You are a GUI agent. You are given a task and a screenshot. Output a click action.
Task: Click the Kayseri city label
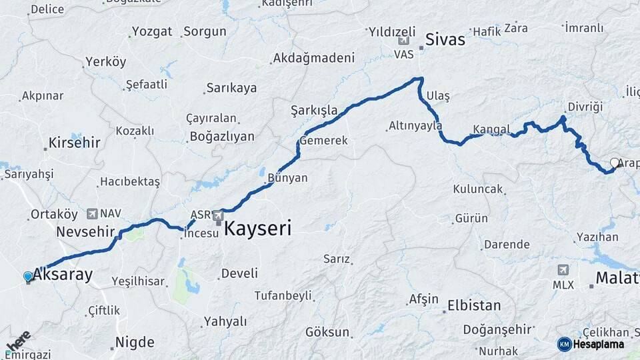[x=257, y=229]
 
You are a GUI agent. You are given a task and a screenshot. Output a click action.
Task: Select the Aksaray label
[x=63, y=273]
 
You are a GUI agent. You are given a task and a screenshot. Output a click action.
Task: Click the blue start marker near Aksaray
[x=28, y=276]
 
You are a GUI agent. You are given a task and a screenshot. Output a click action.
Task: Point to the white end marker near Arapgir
[x=615, y=163]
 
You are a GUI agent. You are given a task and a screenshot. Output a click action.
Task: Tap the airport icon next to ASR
[x=218, y=215]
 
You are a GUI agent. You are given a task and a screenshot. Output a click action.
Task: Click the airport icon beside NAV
[x=91, y=214]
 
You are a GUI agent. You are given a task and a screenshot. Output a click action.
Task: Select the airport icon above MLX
[x=563, y=270]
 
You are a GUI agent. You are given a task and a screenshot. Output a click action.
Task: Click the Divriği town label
[x=585, y=107]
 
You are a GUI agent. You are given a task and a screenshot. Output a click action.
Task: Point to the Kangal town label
[x=491, y=129]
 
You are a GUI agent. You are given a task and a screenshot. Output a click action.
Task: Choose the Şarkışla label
[x=314, y=109]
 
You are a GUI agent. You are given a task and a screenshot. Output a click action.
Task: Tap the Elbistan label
[x=474, y=306]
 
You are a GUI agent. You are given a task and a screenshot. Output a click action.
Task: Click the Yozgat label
[x=152, y=31]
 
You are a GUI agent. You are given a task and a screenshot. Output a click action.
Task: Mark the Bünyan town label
[x=287, y=178]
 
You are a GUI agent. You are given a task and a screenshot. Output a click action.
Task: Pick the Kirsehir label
[x=74, y=143]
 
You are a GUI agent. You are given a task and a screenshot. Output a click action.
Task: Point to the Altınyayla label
[x=415, y=125]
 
